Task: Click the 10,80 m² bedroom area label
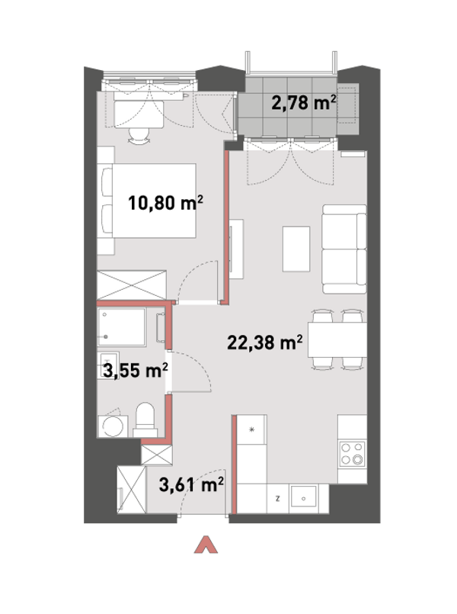pos(166,203)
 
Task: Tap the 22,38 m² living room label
pos(265,342)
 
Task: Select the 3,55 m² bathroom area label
pos(136,371)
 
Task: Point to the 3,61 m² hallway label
pos(191,485)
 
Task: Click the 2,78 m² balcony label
pos(304,104)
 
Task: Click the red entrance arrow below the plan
pos(206,545)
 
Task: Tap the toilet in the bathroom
pos(145,420)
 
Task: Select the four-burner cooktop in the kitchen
pos(352,454)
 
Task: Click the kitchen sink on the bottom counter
pos(303,498)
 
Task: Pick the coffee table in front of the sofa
pos(296,249)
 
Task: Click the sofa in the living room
pos(344,249)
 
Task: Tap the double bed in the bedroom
pos(149,201)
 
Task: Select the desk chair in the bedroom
pos(139,136)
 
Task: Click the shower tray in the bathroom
pos(122,327)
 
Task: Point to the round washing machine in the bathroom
pos(113,426)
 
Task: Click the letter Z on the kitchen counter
pos(277,499)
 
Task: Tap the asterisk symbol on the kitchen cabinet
pos(252,430)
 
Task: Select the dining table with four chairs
pos(337,339)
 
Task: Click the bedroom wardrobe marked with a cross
pos(131,285)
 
